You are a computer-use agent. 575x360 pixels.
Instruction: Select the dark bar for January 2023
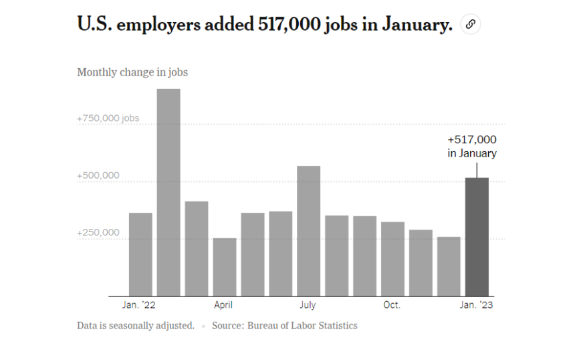tap(477, 237)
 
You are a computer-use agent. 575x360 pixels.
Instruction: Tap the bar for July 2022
tap(308, 231)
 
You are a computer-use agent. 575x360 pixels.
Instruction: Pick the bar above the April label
tap(225, 267)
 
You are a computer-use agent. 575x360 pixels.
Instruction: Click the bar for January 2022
tap(140, 254)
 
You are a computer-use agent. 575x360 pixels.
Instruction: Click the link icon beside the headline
tap(470, 25)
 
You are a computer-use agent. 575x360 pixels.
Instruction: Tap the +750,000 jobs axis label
tap(108, 118)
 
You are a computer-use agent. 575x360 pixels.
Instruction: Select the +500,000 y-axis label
tap(98, 175)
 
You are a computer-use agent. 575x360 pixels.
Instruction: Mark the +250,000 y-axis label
tap(98, 232)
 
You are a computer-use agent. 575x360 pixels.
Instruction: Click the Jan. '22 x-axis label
tap(139, 305)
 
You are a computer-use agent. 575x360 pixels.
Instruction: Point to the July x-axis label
tap(308, 305)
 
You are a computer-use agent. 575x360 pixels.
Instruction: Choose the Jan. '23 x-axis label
tap(477, 305)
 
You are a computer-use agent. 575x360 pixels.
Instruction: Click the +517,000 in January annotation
tap(472, 147)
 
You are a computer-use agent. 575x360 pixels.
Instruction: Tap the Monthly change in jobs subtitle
tap(132, 72)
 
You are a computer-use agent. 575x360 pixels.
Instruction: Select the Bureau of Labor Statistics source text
tap(302, 326)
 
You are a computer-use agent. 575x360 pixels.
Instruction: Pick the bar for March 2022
tap(197, 248)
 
